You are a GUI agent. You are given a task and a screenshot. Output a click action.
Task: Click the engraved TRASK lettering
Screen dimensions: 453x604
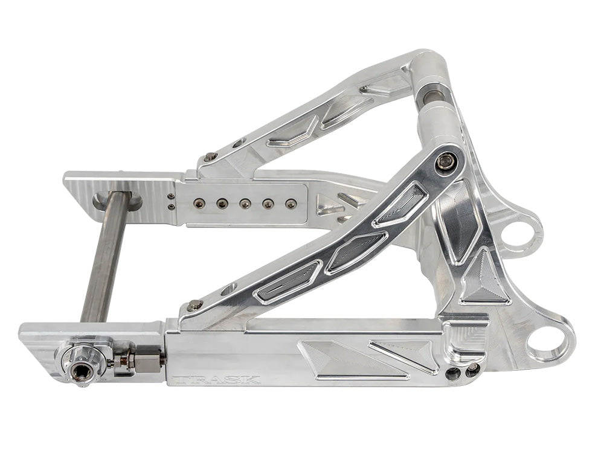215,380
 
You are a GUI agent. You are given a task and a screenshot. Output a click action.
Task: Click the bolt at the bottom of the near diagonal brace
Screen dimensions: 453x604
194,306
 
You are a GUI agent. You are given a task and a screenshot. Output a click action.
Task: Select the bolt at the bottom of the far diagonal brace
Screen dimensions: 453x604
210,157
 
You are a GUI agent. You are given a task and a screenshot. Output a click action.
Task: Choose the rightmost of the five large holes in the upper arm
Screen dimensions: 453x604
291,204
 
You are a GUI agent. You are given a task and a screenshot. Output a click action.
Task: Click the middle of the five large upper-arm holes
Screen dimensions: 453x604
245,204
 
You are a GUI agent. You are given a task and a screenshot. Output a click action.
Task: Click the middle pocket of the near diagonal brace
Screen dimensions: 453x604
356,249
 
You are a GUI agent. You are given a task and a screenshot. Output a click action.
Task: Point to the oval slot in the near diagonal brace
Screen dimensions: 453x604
230,289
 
